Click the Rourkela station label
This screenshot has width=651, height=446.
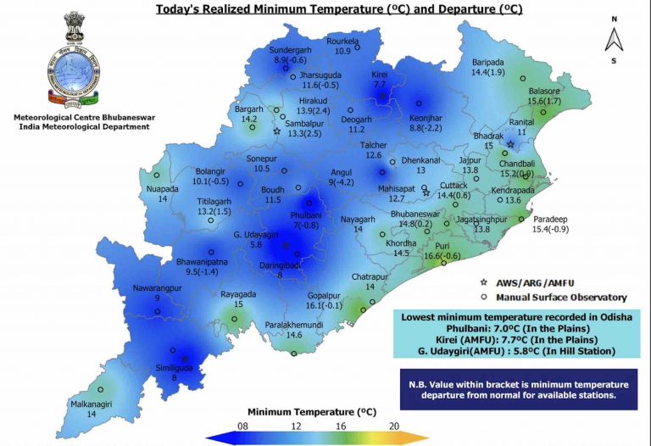(342, 41)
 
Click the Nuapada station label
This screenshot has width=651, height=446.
(163, 188)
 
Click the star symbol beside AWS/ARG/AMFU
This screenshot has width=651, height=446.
(484, 281)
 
